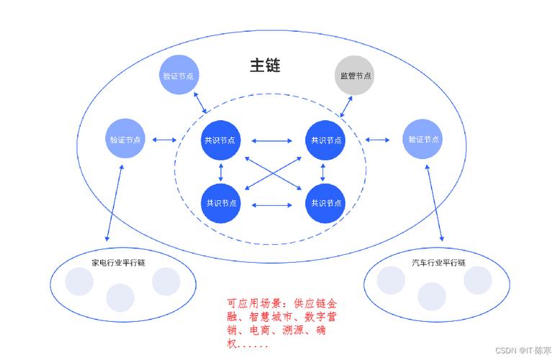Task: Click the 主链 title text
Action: [265, 66]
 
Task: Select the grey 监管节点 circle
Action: [356, 76]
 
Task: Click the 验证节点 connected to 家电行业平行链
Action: [126, 139]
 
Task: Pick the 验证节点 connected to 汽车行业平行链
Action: [423, 139]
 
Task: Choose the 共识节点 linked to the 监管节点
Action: [326, 140]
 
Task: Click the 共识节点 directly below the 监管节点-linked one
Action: [326, 203]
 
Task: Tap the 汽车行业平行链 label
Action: [438, 262]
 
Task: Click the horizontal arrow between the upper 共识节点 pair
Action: [273, 140]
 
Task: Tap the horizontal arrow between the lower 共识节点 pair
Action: [273, 204]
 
